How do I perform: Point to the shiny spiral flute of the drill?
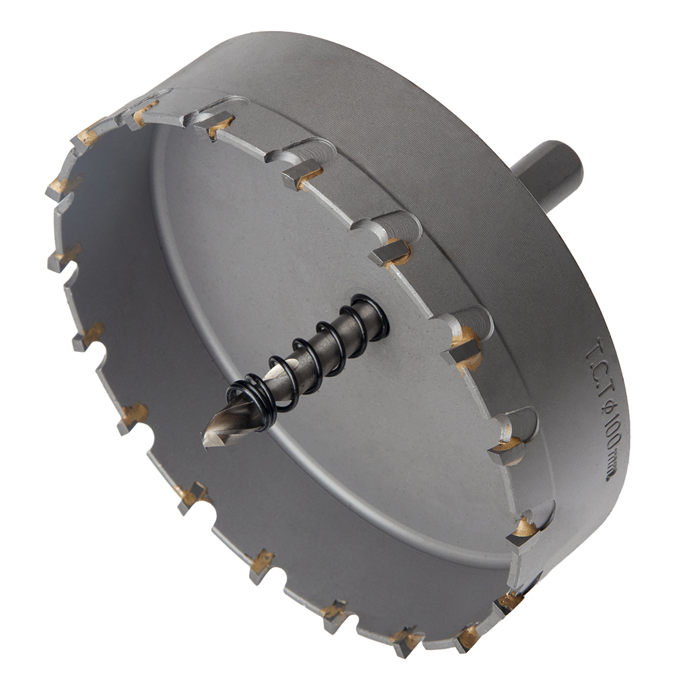[x=229, y=429]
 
